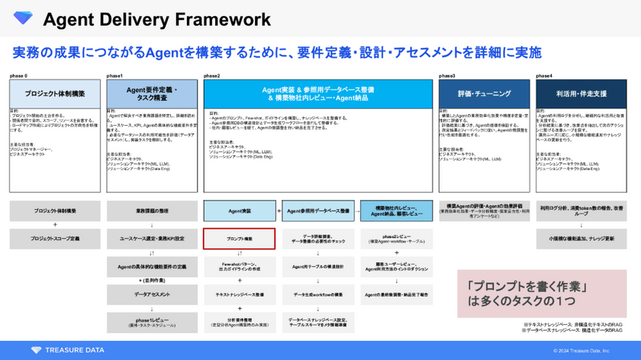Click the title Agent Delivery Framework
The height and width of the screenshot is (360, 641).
pos(156,18)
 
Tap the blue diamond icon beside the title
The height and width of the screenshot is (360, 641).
pos(23,18)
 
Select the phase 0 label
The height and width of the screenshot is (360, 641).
pos(18,76)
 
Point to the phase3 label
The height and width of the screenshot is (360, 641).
pos(447,76)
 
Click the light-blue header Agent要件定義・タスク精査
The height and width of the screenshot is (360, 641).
pos(152,93)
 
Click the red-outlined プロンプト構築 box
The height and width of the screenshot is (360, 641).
pos(234,239)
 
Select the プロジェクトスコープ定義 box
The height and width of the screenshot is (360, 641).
pos(55,239)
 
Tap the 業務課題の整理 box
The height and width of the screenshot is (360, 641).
pos(152,210)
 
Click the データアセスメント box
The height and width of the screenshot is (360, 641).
pos(152,294)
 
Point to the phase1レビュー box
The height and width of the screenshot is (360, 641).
pos(152,321)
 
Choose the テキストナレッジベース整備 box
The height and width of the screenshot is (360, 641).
pos(234,294)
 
